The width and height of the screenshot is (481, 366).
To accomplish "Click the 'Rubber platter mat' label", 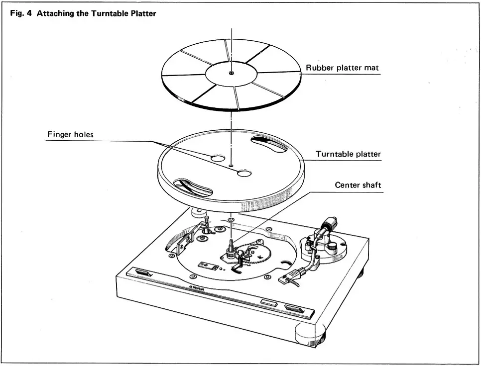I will click(342, 68).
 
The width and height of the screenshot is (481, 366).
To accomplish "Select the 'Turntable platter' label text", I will click(348, 154).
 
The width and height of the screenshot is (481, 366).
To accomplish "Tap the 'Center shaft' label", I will click(358, 185).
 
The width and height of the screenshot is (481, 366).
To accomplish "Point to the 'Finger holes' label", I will click(70, 134).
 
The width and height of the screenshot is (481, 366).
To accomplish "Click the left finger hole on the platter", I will click(217, 159).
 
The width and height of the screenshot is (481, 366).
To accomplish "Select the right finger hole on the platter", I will click(244, 173).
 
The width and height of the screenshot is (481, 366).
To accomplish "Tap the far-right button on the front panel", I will click(298, 309).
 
